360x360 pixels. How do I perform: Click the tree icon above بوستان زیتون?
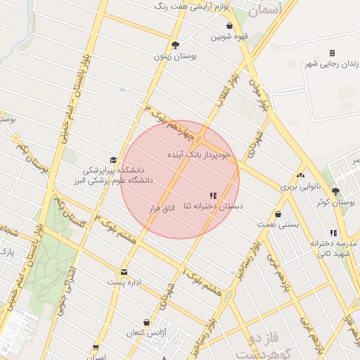[x=175, y=45]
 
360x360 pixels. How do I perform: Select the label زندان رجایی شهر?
[x=331, y=65]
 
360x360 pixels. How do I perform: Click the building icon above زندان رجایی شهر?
[x=332, y=53]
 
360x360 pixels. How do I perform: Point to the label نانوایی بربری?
[x=300, y=187]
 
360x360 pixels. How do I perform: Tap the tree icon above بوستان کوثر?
[x=335, y=191]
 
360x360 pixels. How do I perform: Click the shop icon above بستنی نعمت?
[x=278, y=213]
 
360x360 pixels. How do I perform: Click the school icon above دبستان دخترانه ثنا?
[x=212, y=195]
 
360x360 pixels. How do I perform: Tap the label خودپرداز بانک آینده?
[x=199, y=153]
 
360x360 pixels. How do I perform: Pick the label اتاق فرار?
[x=161, y=209]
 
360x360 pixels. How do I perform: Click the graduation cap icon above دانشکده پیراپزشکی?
[x=114, y=160]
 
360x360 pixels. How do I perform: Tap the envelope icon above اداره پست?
[x=124, y=271]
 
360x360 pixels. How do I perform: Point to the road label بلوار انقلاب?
[x=228, y=91]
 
